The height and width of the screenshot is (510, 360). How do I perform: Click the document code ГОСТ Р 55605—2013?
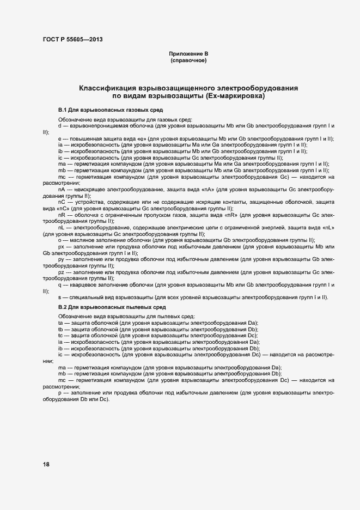coord(72,40)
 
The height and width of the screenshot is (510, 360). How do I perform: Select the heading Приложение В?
coord(188,53)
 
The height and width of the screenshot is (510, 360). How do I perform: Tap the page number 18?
coord(46,464)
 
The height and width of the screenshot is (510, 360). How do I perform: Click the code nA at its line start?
coord(62,189)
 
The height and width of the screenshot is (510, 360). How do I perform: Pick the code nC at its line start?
coord(62,202)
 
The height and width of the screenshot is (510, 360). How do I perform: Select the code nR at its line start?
coord(62,215)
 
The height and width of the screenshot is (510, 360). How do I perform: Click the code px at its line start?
coord(61,246)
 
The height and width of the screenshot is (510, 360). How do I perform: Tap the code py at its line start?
coord(61,259)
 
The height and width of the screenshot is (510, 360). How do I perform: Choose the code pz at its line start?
coord(61,272)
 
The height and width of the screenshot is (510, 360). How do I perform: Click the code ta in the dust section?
coord(60,323)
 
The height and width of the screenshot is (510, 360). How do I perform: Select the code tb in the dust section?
coord(60,329)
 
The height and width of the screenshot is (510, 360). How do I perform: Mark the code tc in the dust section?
coord(60,336)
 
